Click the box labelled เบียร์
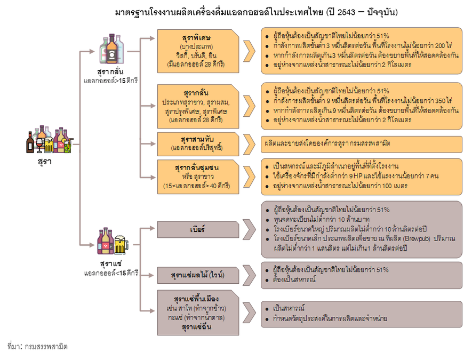click(197, 229)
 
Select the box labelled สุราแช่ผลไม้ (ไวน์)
click(197, 275)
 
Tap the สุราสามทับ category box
click(197, 142)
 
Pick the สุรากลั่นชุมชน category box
click(197, 177)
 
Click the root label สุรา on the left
click(44, 161)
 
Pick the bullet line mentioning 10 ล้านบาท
click(323, 219)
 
